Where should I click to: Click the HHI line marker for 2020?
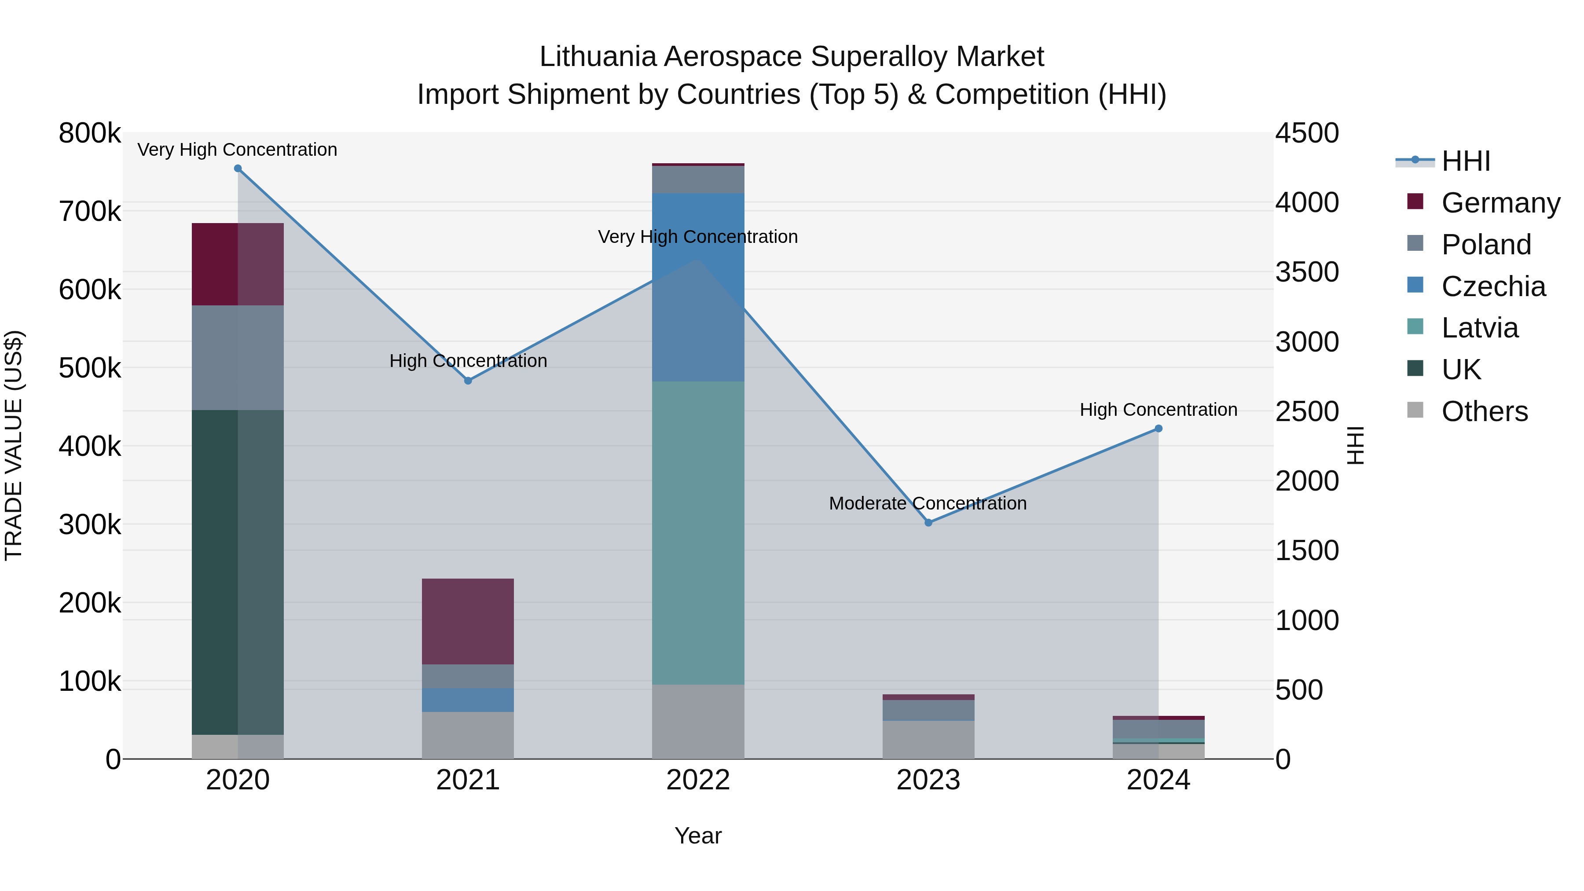tap(238, 169)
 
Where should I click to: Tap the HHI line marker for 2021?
tap(468, 381)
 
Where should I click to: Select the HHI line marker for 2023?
tap(928, 523)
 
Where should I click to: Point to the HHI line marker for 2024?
tap(1159, 429)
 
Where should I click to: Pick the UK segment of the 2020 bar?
tap(238, 572)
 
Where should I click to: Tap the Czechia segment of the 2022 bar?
tap(698, 287)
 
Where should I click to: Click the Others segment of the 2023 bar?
tap(928, 740)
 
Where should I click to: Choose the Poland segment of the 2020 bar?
tap(238, 357)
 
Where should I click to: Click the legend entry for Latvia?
tap(1479, 328)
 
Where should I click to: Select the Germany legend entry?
tap(1500, 203)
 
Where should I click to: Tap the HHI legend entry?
tap(1465, 161)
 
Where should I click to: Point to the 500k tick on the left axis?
tap(90, 368)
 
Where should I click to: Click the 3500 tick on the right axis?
tap(1307, 272)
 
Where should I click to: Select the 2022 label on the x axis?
tap(698, 780)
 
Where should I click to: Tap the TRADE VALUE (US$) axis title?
tap(14, 445)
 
